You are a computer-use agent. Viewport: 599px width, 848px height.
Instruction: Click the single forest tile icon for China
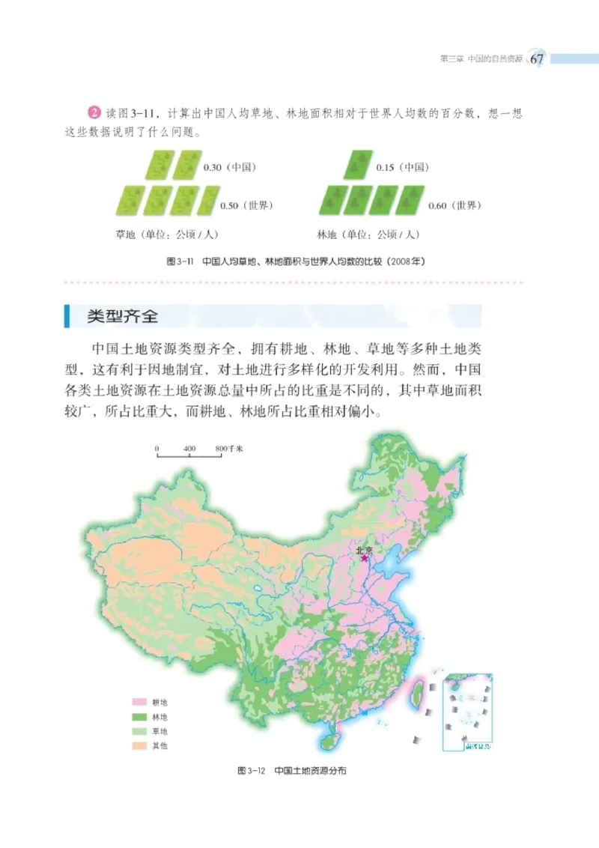[359, 165]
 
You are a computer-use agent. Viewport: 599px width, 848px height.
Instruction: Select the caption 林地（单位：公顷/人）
[368, 234]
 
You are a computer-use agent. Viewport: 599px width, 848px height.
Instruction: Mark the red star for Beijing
[365, 558]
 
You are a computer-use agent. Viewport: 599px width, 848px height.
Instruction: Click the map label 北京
[365, 549]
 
